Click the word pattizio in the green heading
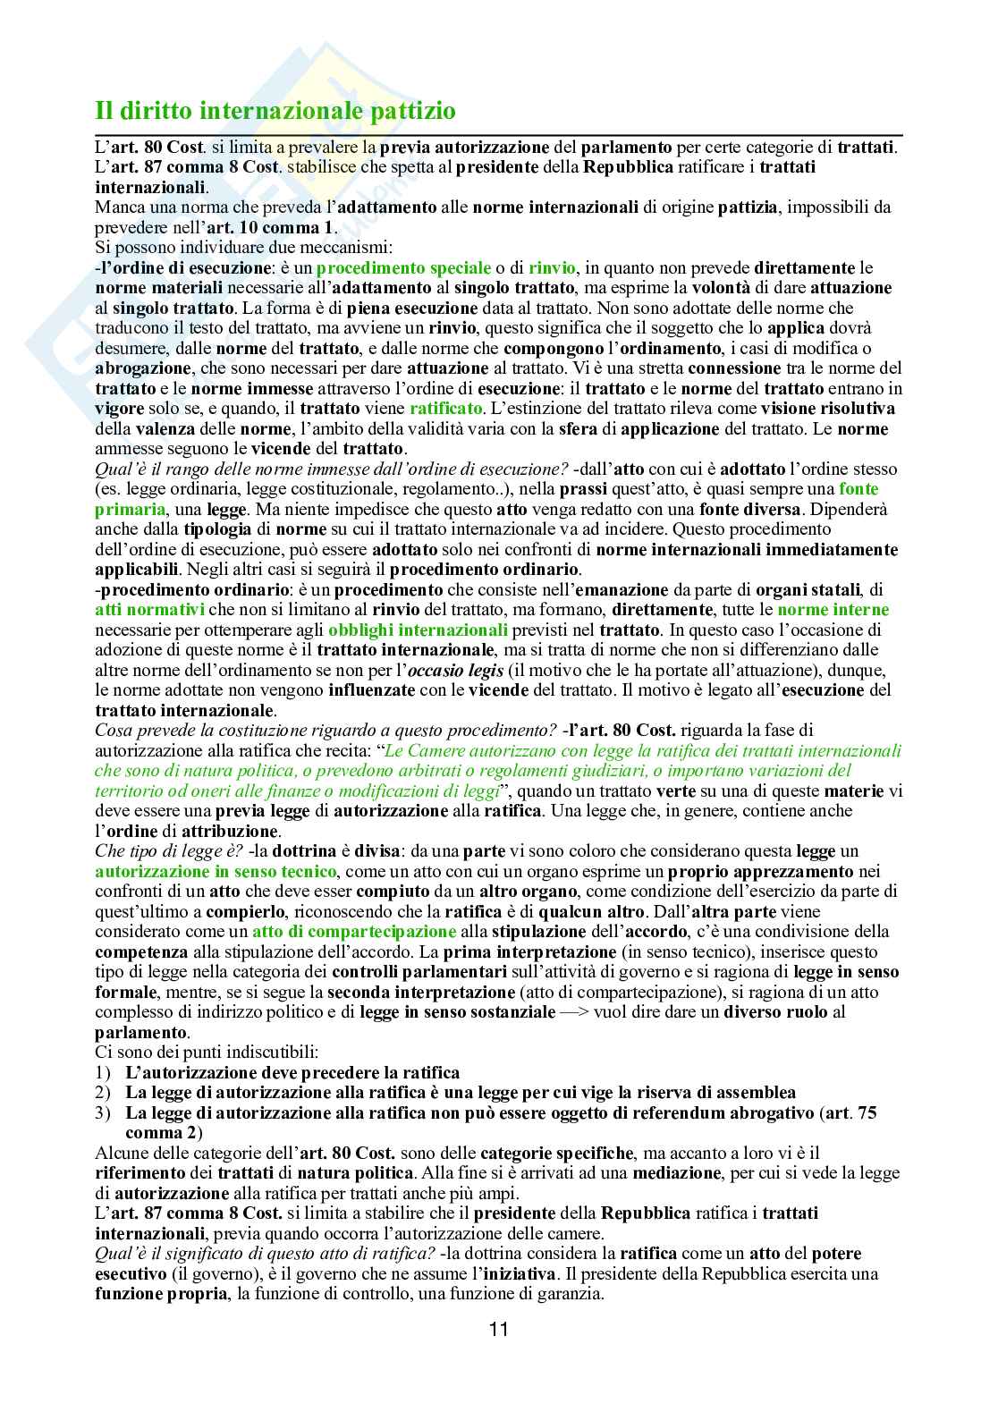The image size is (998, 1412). point(404,112)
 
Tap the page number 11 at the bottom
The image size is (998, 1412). point(499,1328)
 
